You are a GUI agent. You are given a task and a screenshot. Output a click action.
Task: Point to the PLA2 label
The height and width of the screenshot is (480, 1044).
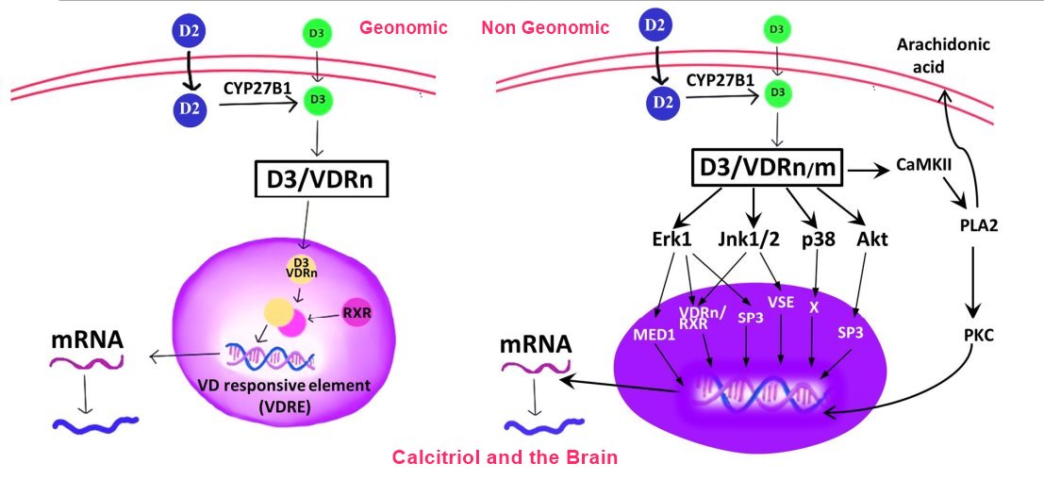(979, 226)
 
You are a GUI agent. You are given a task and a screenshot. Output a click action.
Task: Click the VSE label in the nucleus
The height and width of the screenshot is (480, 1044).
(780, 303)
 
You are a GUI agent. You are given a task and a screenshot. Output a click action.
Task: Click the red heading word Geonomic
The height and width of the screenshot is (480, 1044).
(403, 27)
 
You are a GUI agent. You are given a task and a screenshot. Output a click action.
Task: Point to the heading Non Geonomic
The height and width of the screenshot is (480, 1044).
(544, 27)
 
